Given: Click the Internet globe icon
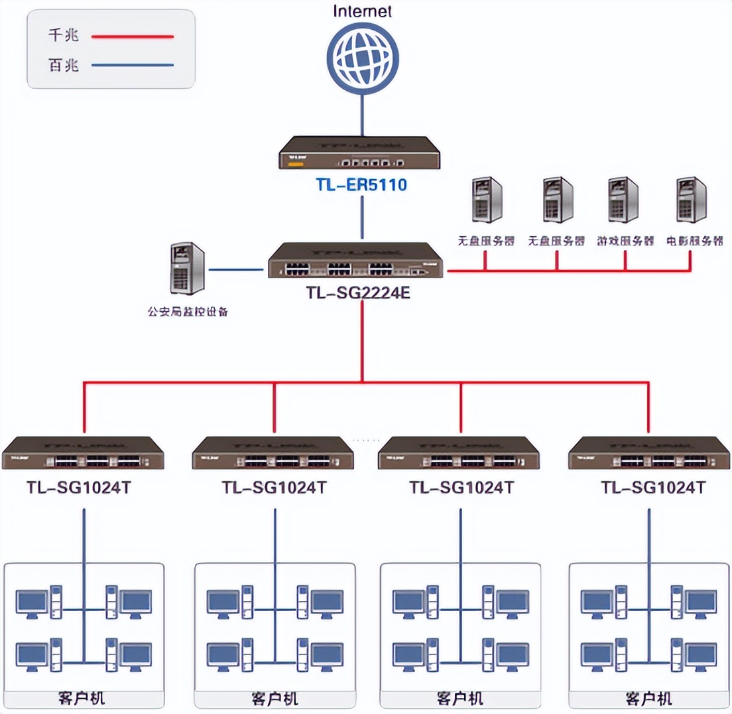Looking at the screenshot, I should pyautogui.click(x=362, y=56).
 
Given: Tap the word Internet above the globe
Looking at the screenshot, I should pyautogui.click(x=362, y=11).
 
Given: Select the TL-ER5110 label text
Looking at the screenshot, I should pyautogui.click(x=362, y=185).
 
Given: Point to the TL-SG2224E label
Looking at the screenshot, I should pyautogui.click(x=359, y=293).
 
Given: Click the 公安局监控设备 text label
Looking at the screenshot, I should pyautogui.click(x=188, y=311).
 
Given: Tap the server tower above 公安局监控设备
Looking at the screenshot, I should pyautogui.click(x=187, y=268).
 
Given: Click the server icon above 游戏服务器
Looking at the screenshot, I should pyautogui.click(x=623, y=200).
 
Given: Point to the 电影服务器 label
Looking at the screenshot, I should pyautogui.click(x=694, y=241).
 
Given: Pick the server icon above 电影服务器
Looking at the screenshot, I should pyautogui.click(x=691, y=200).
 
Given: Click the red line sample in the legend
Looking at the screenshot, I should pyautogui.click(x=133, y=36).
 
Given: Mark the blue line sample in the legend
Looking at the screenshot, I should pyautogui.click(x=133, y=65).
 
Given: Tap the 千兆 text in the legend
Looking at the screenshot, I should pyautogui.click(x=64, y=36).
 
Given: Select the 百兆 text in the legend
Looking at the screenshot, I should pyautogui.click(x=64, y=65).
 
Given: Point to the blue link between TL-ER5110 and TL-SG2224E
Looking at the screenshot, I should pyautogui.click(x=362, y=218).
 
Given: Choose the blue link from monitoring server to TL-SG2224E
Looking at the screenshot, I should pyautogui.click(x=236, y=270).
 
